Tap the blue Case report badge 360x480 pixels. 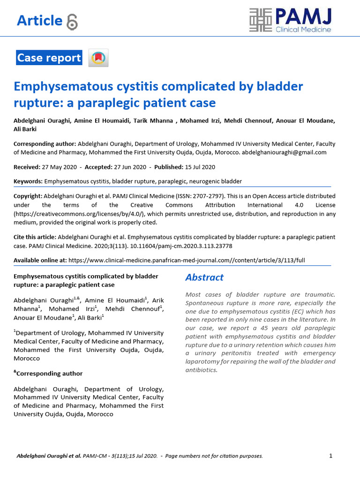click(x=49, y=58)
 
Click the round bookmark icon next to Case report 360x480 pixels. click(x=98, y=58)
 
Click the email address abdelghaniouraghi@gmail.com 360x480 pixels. click(x=284, y=152)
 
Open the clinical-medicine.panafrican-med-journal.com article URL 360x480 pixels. click(x=187, y=260)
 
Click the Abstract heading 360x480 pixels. click(x=204, y=277)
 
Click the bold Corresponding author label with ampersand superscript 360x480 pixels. click(x=49, y=374)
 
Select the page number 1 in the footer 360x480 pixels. click(x=331, y=456)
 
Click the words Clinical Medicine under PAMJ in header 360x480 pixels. click(x=303, y=30)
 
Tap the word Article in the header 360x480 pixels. click(x=39, y=21)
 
